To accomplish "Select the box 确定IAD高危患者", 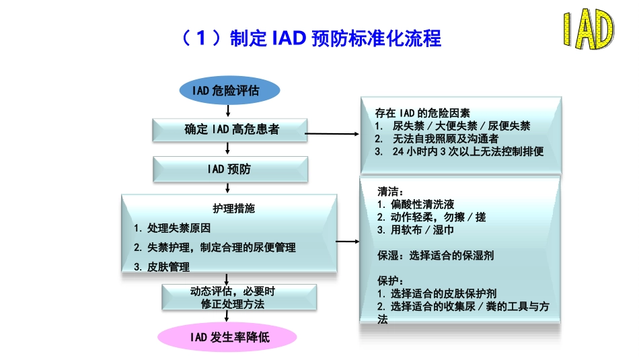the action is pos(231,129).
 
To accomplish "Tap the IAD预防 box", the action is pos(231,169).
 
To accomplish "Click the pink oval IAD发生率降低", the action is pos(227,336).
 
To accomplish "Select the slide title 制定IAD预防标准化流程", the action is pos(311,38).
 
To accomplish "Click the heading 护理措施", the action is pos(229,209).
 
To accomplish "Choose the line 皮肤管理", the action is pos(161,266).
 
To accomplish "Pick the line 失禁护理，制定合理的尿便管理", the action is pos(215,248).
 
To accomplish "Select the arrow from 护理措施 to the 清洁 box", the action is pos(348,241).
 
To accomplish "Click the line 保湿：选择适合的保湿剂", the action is pos(436,256).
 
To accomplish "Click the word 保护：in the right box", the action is pos(391,281).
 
